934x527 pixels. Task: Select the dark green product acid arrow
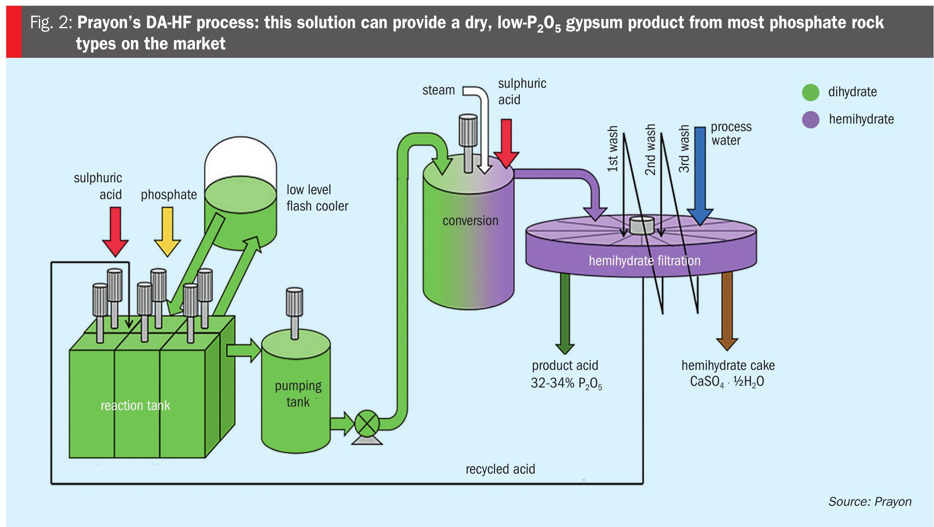click(565, 313)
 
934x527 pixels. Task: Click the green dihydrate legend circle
click(810, 92)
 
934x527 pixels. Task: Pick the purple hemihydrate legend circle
click(810, 120)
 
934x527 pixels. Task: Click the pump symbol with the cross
click(367, 424)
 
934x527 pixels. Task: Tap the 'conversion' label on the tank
click(470, 221)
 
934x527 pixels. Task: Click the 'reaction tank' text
click(135, 406)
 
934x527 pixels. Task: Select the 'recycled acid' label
click(500, 469)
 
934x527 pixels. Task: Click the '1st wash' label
click(612, 149)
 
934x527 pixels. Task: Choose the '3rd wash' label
click(684, 149)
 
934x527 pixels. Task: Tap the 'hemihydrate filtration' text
click(645, 261)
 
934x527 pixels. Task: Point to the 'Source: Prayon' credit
click(870, 502)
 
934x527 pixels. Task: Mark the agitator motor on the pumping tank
click(294, 302)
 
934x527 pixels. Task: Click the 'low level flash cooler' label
click(317, 198)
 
